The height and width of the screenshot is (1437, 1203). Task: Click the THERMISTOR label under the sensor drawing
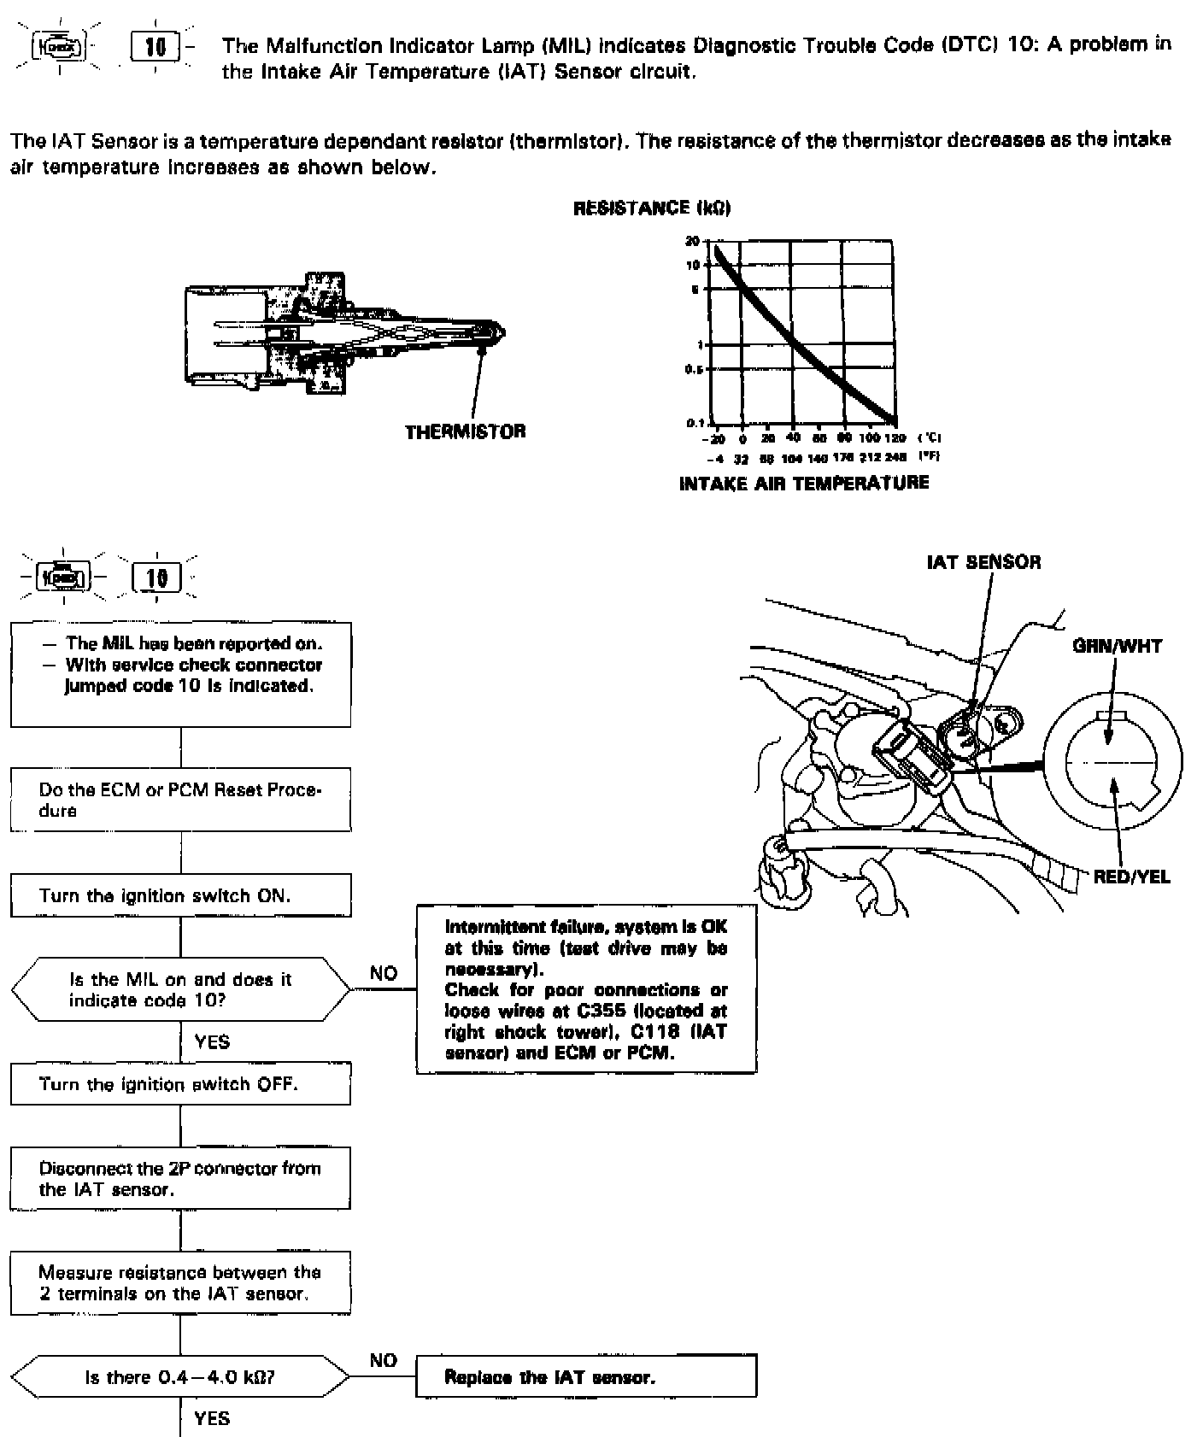465,431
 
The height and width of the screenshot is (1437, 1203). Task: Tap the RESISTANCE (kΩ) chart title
651,208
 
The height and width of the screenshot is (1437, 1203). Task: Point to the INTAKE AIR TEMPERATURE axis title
803,484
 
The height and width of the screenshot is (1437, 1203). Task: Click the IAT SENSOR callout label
983,562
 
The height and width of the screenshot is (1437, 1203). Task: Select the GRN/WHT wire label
1117,646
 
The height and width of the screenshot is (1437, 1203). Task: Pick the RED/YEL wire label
1131,877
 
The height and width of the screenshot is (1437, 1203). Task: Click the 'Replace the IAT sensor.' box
586,1376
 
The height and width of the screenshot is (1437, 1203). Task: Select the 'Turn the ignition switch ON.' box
180,895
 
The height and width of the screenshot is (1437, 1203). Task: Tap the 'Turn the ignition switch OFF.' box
180,1085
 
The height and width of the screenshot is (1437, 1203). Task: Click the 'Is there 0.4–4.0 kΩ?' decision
180,1377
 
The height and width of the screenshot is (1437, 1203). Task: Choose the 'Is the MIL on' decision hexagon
180,989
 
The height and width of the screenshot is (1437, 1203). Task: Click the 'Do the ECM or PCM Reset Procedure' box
180,800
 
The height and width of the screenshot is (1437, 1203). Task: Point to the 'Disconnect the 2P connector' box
180,1179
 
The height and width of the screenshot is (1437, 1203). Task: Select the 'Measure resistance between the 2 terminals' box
180,1282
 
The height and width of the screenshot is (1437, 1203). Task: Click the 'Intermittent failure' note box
586,988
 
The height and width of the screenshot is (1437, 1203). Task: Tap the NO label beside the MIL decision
384,973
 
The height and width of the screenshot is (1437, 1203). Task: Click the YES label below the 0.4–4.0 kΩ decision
212,1418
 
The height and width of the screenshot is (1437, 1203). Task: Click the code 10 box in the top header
156,46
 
